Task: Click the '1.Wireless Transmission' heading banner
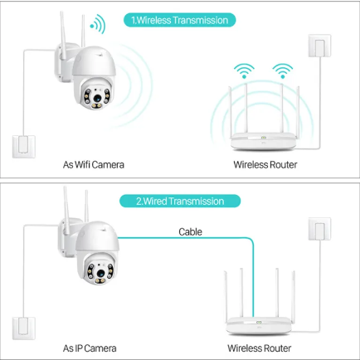[179, 20]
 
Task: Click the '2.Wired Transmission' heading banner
[180, 201]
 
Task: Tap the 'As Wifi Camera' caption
[94, 165]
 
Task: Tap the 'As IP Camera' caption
[90, 348]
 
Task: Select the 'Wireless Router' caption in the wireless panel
[265, 165]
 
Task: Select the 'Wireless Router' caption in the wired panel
[260, 348]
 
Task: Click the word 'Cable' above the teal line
[190, 231]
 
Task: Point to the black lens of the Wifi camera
[97, 98]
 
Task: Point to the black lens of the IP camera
[100, 273]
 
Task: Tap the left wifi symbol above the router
[244, 71]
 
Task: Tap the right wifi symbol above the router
[283, 71]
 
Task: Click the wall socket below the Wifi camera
[24, 147]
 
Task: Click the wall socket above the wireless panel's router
[319, 46]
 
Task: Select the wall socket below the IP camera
[24, 328]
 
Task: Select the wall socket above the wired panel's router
[319, 229]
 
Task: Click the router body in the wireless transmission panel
[263, 141]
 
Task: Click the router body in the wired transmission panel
[259, 326]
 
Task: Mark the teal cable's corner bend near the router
[252, 239]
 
